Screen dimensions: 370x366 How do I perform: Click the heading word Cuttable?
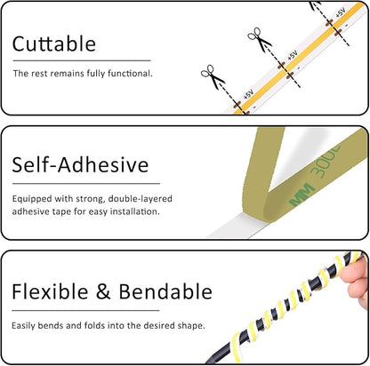point(54,44)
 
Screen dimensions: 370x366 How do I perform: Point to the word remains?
point(67,74)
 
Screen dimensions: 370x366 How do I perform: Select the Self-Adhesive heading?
point(80,164)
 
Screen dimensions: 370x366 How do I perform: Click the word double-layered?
point(141,199)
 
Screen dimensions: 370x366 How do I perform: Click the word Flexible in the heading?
point(50,291)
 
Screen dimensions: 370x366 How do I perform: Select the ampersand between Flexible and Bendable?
point(103,291)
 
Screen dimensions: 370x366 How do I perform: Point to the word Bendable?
point(165,291)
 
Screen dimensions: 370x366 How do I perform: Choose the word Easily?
point(23,326)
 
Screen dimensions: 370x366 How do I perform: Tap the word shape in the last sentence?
point(191,326)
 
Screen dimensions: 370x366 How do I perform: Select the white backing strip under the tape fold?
point(237,227)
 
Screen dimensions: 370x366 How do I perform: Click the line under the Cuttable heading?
point(82,60)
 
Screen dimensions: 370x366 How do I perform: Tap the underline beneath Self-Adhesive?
point(86,184)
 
